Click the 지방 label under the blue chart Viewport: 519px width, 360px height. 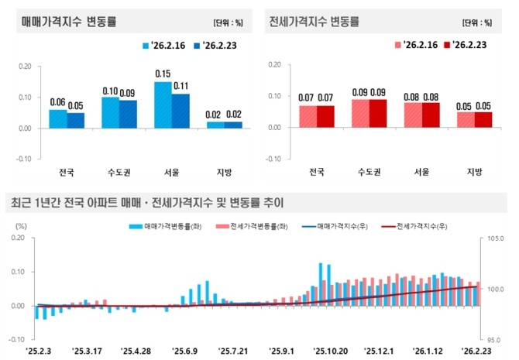click(225, 172)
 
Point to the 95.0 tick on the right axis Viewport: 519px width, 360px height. click(495, 338)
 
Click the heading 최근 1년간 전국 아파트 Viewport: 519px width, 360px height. click(147, 204)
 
